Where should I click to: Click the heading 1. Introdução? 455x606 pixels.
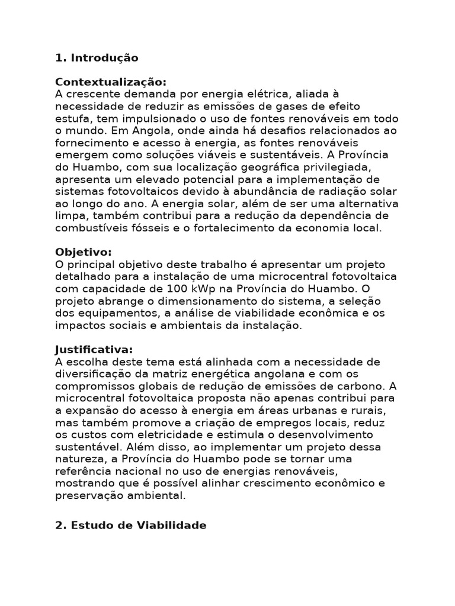[x=97, y=58]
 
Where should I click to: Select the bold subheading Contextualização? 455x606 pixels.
[x=111, y=82]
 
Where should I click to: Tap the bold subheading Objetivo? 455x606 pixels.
[x=84, y=252]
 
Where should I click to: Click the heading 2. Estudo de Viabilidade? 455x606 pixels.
[x=131, y=525]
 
